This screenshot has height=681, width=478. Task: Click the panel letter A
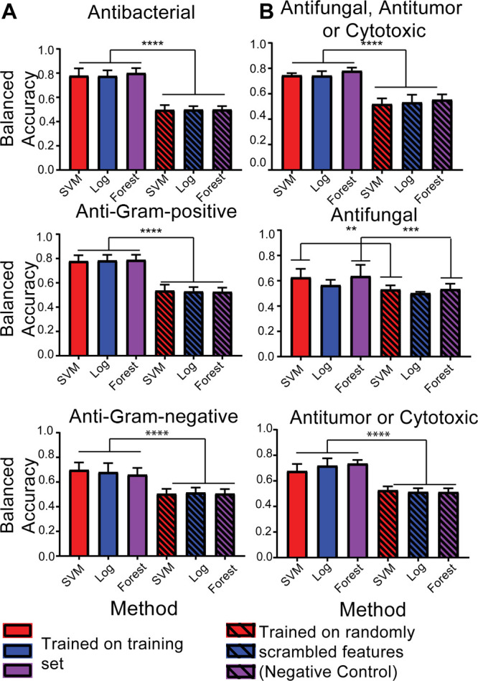(x=11, y=12)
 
